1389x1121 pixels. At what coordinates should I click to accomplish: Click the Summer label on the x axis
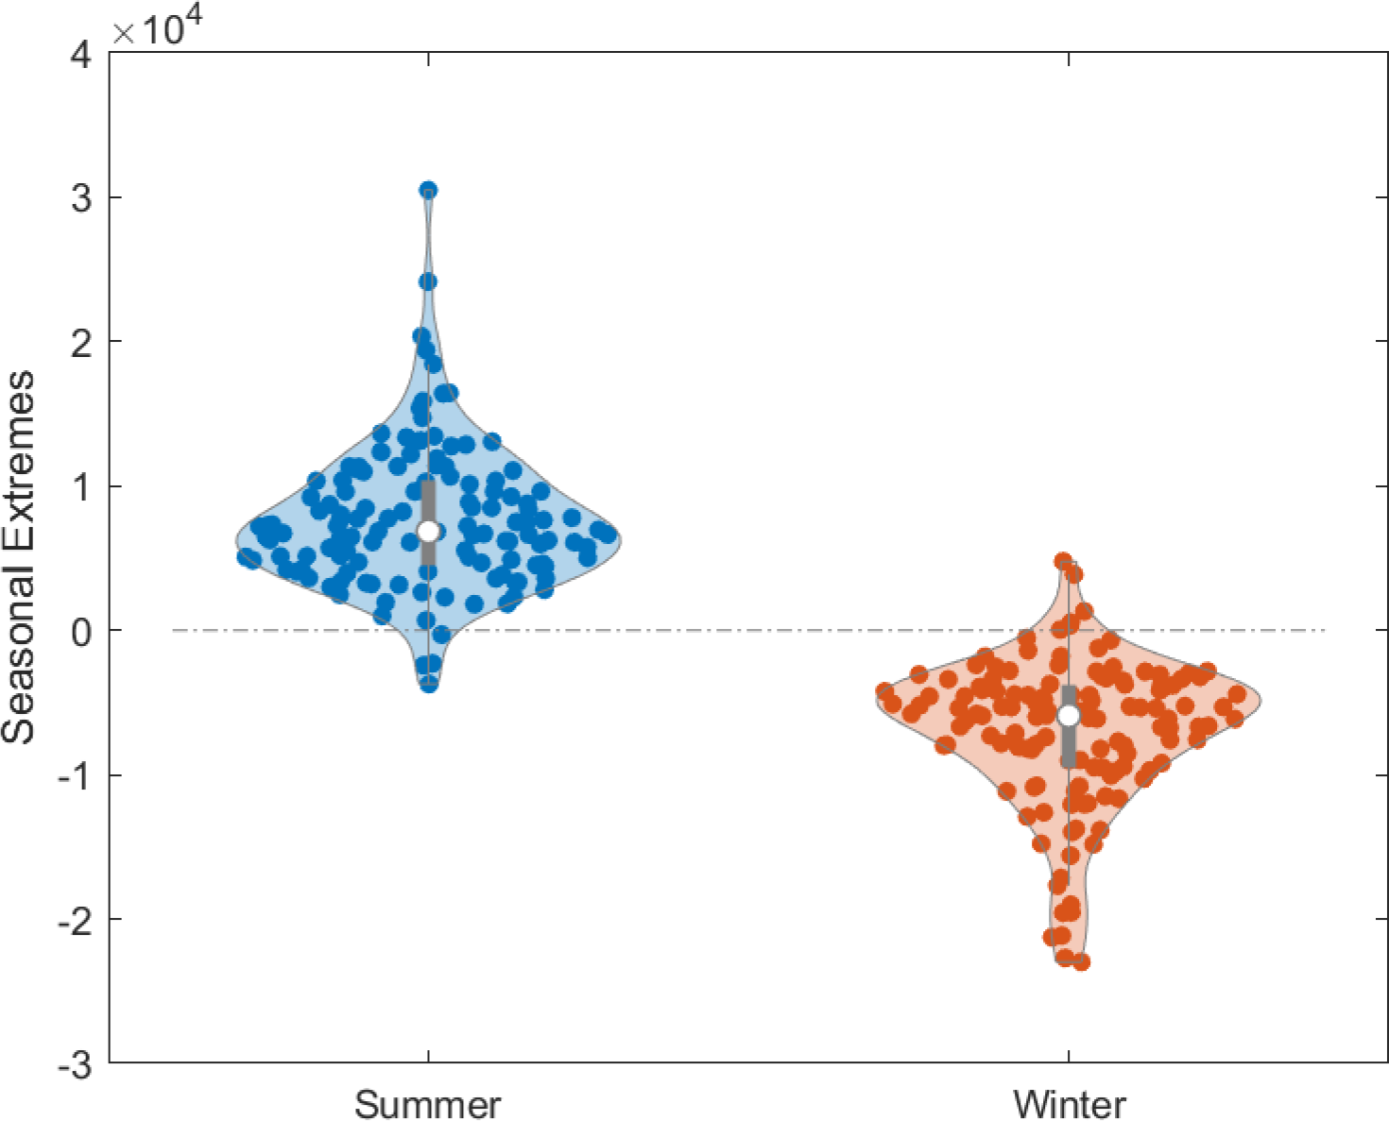pyautogui.click(x=427, y=1103)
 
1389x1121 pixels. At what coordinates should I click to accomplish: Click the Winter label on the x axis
pyautogui.click(x=1069, y=1103)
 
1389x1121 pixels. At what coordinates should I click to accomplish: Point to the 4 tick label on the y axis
pyautogui.click(x=81, y=54)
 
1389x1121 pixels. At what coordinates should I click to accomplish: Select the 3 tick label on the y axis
pyautogui.click(x=81, y=197)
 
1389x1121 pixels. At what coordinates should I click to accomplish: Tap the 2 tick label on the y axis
pyautogui.click(x=81, y=341)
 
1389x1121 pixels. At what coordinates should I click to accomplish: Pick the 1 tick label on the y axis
pyautogui.click(x=81, y=485)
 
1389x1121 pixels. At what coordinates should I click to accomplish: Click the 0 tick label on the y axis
pyautogui.click(x=81, y=630)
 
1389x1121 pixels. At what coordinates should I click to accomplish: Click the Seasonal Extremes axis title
pyautogui.click(x=19, y=557)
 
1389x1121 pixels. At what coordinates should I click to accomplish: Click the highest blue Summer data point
pyautogui.click(x=428, y=190)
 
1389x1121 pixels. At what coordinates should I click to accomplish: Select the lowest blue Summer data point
pyautogui.click(x=429, y=684)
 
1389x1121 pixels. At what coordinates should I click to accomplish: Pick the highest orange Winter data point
pyautogui.click(x=1063, y=561)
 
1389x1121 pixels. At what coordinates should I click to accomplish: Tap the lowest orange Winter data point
pyautogui.click(x=1081, y=962)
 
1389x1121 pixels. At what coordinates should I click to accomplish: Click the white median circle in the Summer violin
pyautogui.click(x=429, y=531)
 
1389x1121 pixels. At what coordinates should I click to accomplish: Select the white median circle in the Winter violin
pyautogui.click(x=1069, y=716)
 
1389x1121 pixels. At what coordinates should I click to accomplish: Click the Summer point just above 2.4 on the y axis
pyautogui.click(x=428, y=281)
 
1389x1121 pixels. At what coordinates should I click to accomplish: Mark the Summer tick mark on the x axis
pyautogui.click(x=429, y=1056)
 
